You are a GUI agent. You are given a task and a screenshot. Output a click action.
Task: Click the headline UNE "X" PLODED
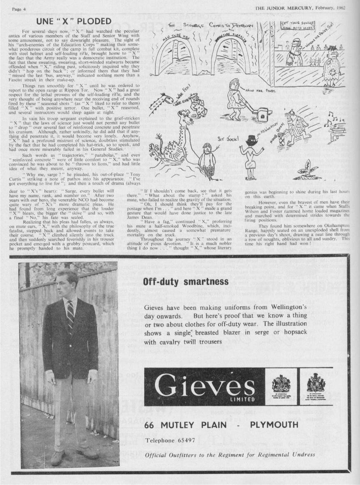[x=74, y=21]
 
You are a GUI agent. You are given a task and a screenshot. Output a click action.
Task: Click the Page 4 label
[x=19, y=9]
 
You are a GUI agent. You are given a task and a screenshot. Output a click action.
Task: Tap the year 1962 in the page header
[x=339, y=8]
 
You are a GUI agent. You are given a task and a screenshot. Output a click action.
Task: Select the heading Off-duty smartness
[x=185, y=282]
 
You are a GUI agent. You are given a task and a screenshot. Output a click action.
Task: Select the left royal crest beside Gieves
[x=281, y=384]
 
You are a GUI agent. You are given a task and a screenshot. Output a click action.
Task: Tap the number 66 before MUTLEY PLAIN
[x=151, y=425]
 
